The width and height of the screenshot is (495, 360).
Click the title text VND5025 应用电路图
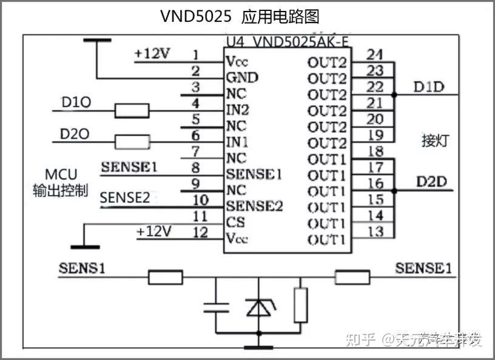point(239,16)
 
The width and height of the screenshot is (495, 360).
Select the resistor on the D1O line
point(132,110)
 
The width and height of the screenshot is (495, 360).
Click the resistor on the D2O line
point(132,142)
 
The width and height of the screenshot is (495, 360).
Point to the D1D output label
point(429,87)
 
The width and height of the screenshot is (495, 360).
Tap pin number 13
point(375,231)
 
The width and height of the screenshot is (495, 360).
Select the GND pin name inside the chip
point(241,78)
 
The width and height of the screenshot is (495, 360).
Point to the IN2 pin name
point(237,110)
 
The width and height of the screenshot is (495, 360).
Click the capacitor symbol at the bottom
point(217,306)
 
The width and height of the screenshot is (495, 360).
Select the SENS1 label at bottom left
point(82,267)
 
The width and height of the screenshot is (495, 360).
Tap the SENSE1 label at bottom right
point(423,267)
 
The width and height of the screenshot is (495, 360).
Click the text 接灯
point(435,141)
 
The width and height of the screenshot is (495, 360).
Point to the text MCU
point(61,174)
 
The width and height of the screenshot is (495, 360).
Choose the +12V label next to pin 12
point(154,231)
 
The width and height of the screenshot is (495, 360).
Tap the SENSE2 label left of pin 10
point(124,197)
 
